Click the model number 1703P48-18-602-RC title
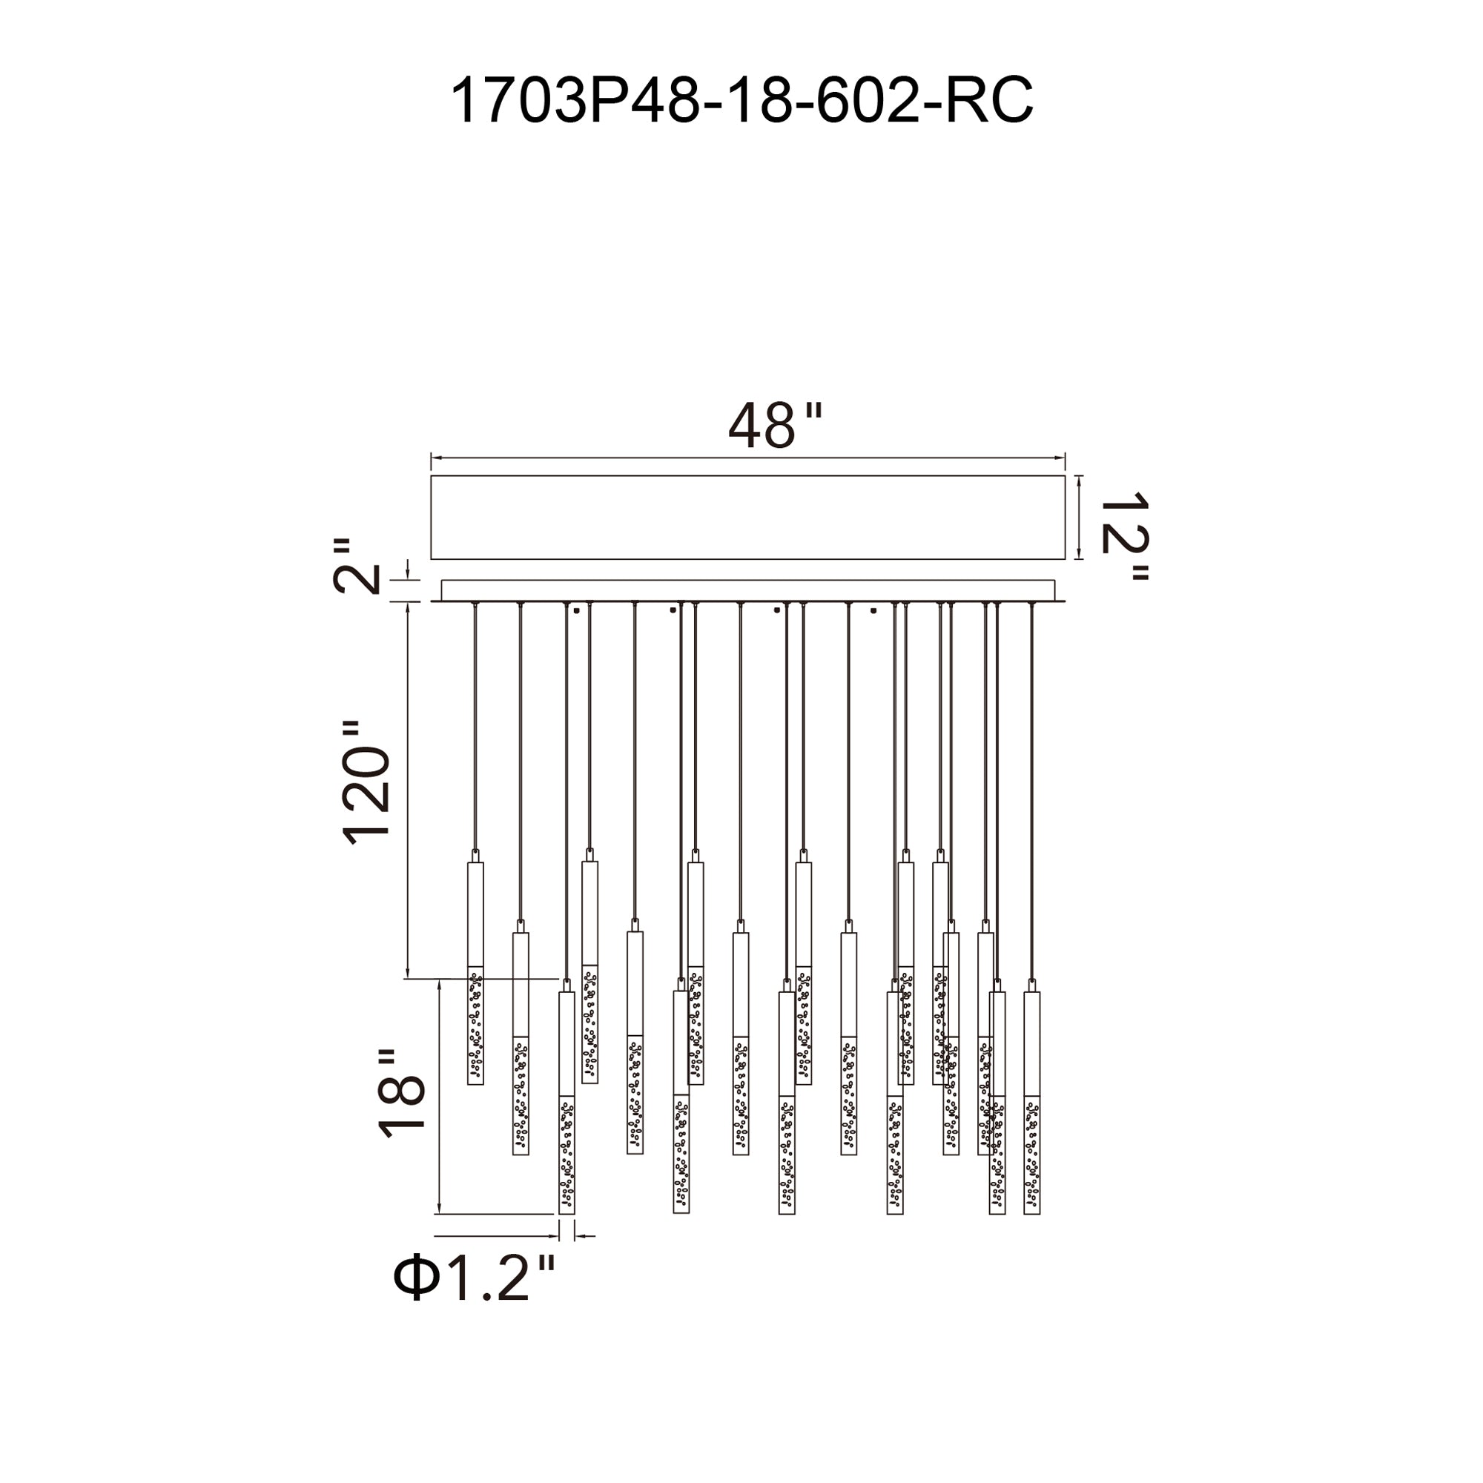coord(741,101)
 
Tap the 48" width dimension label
coord(773,426)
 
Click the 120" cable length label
coord(368,782)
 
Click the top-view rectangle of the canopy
coord(747,518)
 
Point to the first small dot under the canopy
coord(575,611)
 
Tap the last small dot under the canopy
coord(873,611)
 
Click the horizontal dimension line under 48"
coord(747,458)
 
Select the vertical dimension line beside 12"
coord(1080,518)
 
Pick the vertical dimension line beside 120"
coord(408,790)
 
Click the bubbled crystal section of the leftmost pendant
coord(476,1025)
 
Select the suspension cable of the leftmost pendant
coord(475,729)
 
